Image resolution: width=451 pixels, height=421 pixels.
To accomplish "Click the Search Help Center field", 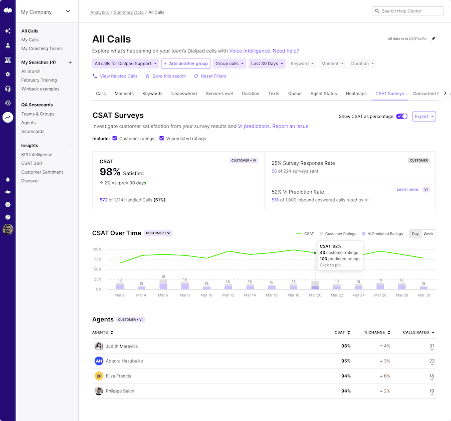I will [408, 11].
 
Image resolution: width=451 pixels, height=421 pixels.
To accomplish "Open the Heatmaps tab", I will [356, 94].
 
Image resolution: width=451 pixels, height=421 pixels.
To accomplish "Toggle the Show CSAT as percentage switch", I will [401, 117].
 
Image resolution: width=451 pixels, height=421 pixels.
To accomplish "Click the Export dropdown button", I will [424, 117].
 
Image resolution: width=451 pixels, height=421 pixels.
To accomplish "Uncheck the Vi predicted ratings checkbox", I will [162, 139].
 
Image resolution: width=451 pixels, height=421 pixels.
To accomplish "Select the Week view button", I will [428, 234].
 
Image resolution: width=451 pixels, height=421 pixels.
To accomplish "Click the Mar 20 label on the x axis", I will [315, 295].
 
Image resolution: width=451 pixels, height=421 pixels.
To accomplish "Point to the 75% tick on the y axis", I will [97, 259].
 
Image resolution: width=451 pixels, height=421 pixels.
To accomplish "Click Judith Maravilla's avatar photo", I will [99, 346].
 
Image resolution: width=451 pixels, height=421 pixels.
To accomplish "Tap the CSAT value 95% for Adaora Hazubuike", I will [346, 361].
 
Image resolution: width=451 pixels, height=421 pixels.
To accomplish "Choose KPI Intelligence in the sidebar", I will [37, 155].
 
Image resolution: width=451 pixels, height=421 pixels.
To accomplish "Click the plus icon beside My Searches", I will [70, 63].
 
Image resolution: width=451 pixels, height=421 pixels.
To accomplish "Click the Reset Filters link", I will [213, 76].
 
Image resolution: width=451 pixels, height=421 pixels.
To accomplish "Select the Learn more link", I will [407, 190].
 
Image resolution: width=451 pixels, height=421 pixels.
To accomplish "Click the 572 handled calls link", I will [104, 200].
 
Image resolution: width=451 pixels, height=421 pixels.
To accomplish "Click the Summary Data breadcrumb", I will [128, 13].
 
